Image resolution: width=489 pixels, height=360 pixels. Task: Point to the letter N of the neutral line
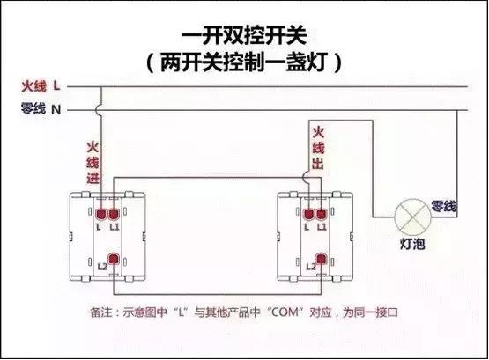56,110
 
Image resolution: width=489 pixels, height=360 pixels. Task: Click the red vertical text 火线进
93,164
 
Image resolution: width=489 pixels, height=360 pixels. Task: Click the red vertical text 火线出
318,149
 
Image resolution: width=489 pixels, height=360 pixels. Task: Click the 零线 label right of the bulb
443,206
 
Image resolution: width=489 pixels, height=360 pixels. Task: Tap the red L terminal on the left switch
102,213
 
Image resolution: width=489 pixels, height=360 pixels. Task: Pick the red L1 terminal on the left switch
115,213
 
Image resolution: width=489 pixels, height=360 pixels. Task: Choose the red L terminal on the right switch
309,213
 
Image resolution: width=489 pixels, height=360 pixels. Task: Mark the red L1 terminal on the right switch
322,213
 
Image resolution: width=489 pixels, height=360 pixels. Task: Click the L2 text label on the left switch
101,265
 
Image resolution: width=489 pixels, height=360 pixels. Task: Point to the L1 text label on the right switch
323,227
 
